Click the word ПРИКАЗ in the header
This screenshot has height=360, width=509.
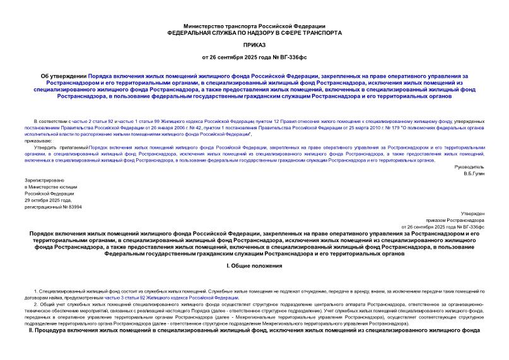coord(254,45)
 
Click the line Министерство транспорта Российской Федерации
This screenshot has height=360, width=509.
coord(254,25)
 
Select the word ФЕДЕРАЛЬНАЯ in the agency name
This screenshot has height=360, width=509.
coord(190,32)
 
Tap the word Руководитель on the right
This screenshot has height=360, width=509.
coord(469,166)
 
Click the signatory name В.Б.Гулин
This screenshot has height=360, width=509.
coord(472,173)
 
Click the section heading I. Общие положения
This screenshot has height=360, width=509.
coord(254,267)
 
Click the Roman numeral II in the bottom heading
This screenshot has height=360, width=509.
coord(32,330)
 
